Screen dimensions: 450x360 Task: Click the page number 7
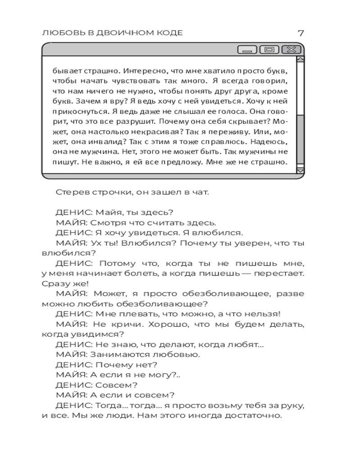point(301,32)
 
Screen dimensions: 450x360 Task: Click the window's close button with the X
point(292,49)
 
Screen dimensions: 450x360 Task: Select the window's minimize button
point(247,49)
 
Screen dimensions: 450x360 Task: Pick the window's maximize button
point(270,49)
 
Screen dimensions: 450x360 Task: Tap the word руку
point(293,405)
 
